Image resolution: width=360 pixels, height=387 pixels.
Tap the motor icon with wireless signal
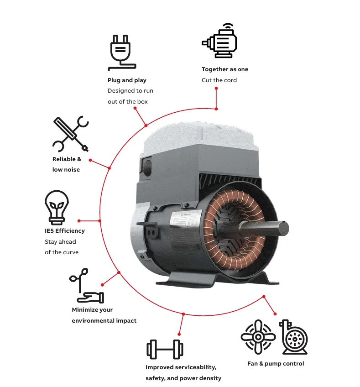coord(219,41)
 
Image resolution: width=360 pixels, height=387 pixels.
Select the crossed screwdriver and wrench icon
coord(71,134)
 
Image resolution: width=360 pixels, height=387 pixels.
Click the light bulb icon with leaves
coord(57,207)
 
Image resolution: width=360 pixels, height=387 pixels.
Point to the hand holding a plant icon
coord(86,286)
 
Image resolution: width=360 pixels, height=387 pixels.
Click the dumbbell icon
coord(165,349)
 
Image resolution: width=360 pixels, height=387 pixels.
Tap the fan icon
coord(258,337)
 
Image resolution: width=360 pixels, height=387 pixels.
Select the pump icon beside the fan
coord(294,337)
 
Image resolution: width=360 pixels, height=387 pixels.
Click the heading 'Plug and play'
coord(127,80)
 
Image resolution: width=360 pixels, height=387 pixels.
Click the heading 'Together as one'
coord(225,69)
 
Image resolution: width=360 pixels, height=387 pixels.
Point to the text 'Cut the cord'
coord(219,80)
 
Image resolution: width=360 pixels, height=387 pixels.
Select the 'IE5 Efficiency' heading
coord(65,231)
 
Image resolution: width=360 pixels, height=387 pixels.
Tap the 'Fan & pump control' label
coord(276,364)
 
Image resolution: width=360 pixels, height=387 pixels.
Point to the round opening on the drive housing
coord(147,168)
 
